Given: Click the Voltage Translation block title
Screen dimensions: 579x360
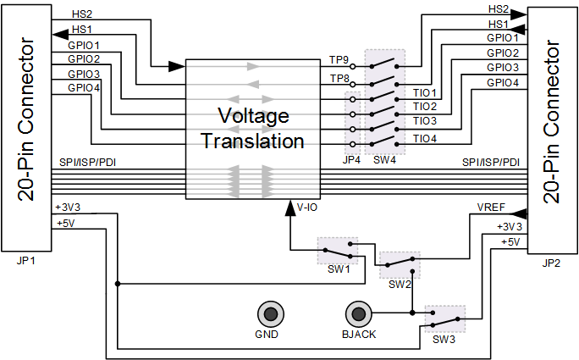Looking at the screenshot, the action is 253,128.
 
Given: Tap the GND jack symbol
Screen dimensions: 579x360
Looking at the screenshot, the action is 271,314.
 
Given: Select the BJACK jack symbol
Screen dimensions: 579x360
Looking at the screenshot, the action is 358,314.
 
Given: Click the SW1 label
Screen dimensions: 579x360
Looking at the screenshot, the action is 339,269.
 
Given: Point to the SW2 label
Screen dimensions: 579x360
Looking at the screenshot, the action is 400,285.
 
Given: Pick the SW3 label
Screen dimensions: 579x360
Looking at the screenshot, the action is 444,340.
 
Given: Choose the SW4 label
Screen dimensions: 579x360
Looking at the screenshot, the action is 384,160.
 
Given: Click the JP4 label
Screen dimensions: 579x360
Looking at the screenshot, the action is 351,160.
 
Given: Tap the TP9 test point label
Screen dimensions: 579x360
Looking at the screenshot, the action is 339,60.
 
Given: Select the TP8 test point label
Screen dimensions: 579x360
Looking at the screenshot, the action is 339,79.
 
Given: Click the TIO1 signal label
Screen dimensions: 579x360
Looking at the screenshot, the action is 425,92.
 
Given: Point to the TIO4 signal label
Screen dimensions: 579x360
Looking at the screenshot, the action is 425,139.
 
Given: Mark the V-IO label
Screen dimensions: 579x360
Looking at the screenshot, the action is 307,208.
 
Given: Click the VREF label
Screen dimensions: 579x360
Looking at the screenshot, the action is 491,208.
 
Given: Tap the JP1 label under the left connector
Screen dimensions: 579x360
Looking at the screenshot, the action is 26,261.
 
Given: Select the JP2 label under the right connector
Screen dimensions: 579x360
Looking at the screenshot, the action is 551,263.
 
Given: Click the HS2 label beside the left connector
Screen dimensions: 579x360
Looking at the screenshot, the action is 82,14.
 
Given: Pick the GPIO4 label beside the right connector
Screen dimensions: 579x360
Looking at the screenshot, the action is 503,83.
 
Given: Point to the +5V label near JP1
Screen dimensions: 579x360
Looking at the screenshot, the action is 66,224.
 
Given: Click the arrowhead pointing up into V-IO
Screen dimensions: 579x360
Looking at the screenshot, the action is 290,208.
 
